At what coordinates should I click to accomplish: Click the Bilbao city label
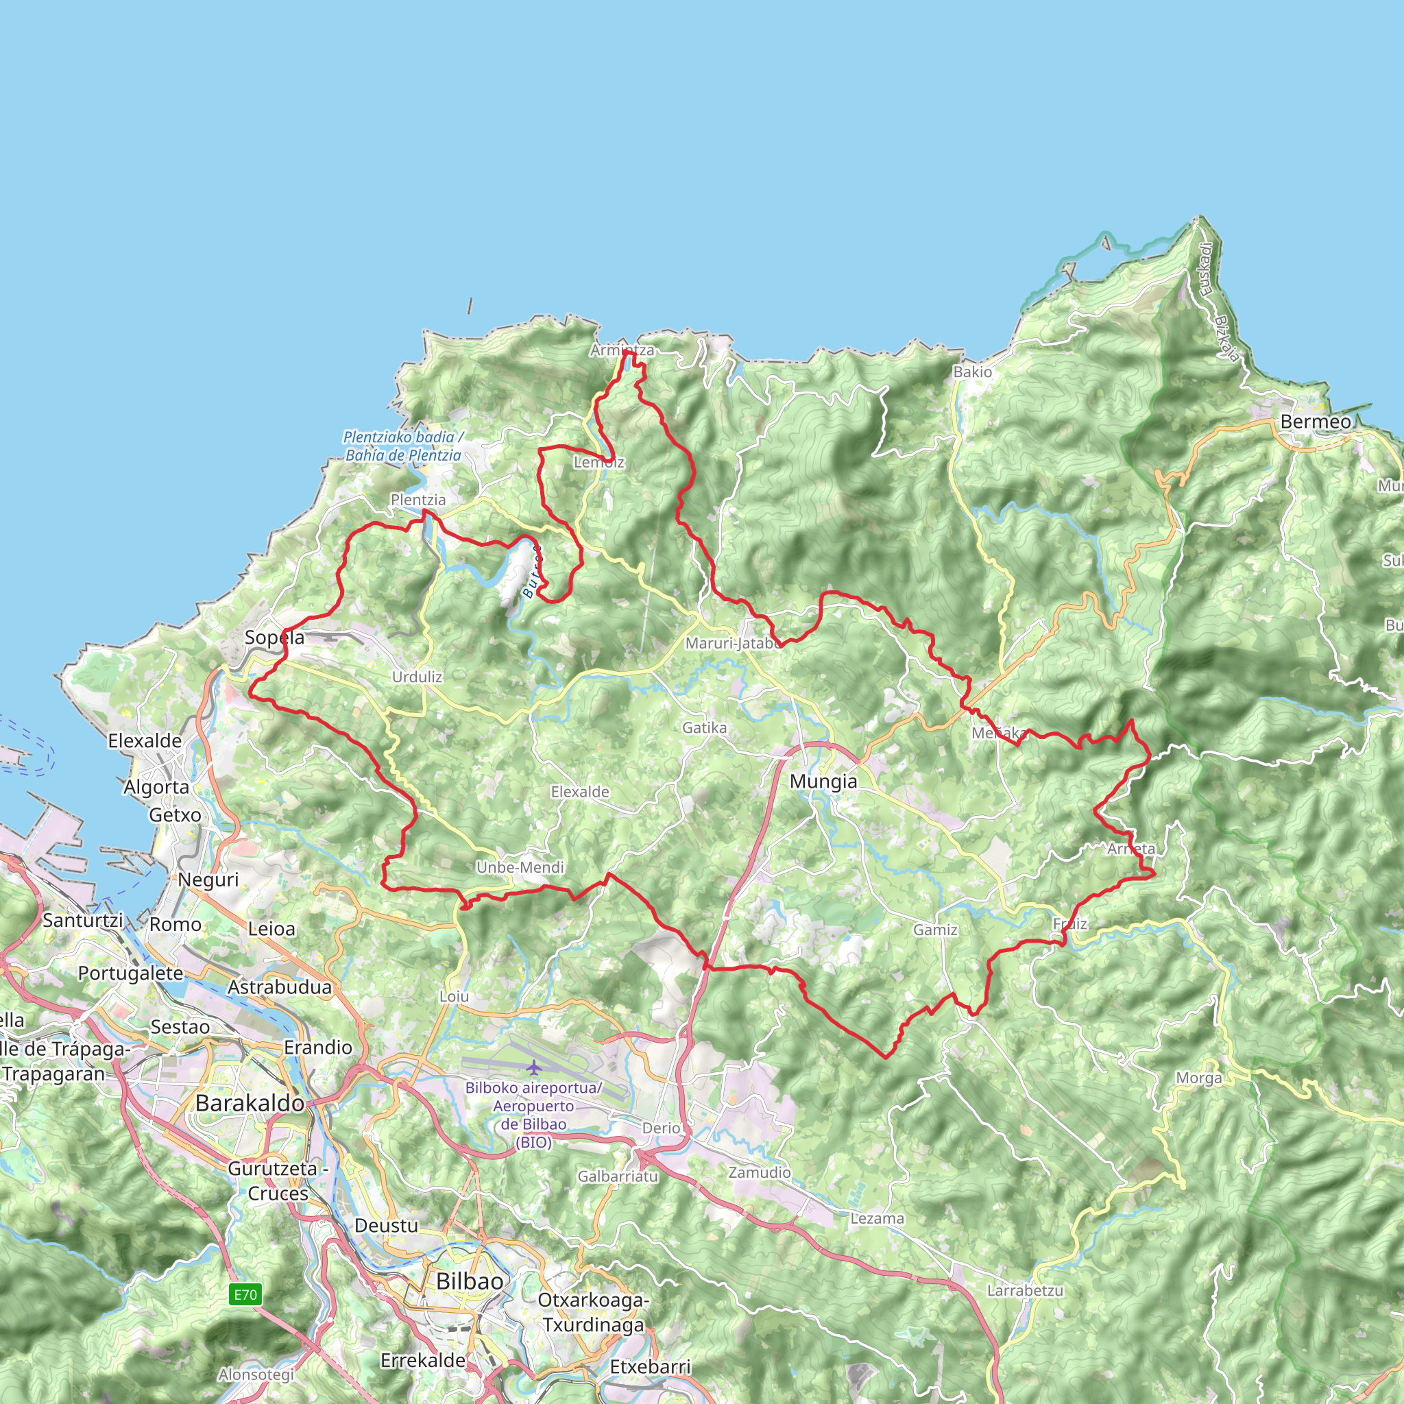(470, 1281)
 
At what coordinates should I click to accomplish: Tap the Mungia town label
(823, 782)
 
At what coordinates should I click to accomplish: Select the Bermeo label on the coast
(1316, 422)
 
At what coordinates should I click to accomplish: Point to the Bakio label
(972, 372)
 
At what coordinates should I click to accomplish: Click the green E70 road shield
(245, 1294)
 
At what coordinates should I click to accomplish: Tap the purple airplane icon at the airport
(534, 1067)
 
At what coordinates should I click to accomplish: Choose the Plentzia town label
(418, 500)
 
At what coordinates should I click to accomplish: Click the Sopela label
(274, 638)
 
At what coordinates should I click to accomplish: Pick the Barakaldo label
(250, 1103)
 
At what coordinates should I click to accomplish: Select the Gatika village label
(704, 727)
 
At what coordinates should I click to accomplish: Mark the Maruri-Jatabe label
(733, 643)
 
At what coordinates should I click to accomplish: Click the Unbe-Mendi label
(520, 867)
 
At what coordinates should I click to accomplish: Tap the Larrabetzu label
(1025, 1291)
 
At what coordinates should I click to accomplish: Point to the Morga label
(1199, 1078)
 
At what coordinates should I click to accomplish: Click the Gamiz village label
(935, 930)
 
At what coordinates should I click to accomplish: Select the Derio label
(662, 1128)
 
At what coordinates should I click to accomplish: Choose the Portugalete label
(131, 973)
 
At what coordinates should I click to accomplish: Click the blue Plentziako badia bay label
(403, 446)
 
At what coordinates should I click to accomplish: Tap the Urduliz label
(417, 677)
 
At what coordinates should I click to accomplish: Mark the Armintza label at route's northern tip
(622, 350)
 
